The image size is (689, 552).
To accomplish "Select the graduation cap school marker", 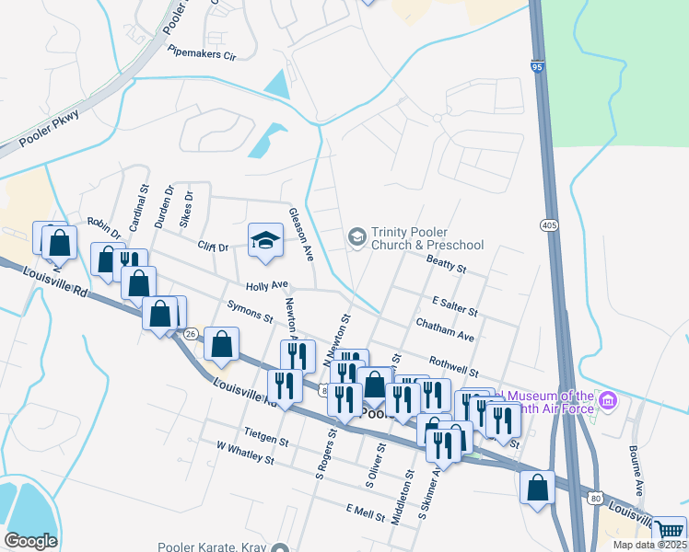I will click(264, 240).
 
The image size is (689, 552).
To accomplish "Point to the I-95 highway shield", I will click(537, 66).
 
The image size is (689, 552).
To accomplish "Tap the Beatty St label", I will click(447, 265).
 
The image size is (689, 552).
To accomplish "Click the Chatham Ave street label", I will click(444, 331).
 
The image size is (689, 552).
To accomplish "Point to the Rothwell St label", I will click(453, 365).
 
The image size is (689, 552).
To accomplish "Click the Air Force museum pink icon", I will click(607, 401).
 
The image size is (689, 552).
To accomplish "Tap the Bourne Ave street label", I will click(636, 474).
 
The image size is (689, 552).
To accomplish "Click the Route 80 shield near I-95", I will click(596, 498).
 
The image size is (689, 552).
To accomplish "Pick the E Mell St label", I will click(365, 512).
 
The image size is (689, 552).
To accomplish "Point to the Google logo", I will click(30, 540).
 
